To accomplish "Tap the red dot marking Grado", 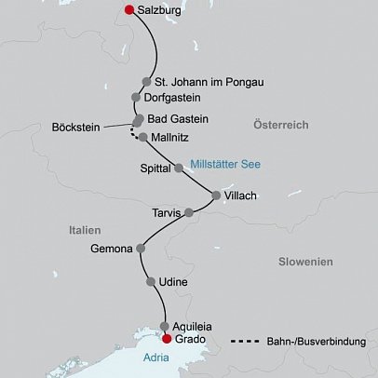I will pyautogui.click(x=168, y=339).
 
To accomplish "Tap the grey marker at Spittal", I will pyautogui.click(x=179, y=169).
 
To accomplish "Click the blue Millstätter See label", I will pyautogui.click(x=224, y=165).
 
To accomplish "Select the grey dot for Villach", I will pyautogui.click(x=217, y=196).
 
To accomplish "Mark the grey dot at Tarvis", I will pyautogui.click(x=189, y=213).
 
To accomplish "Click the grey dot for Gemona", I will pyautogui.click(x=142, y=249).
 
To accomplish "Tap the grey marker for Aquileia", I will pyautogui.click(x=165, y=326).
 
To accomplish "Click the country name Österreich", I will pyautogui.click(x=284, y=125).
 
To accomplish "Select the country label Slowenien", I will pyautogui.click(x=305, y=263).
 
